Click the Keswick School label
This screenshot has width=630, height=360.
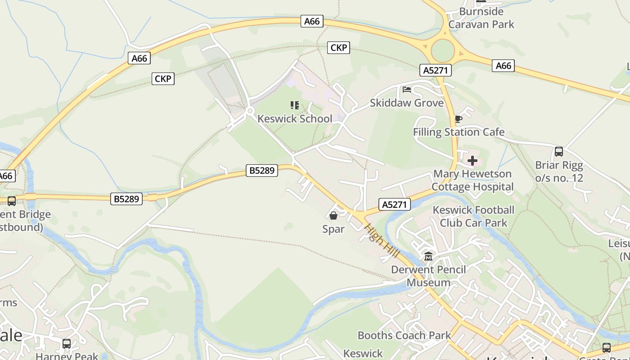tap(295, 119)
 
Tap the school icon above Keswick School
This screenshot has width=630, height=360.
tap(295, 106)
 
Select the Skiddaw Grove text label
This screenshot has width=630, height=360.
tap(407, 103)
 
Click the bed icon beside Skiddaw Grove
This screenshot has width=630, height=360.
tap(407, 90)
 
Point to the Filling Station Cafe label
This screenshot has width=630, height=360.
tap(459, 132)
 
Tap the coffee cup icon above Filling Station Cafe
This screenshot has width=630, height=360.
tap(458, 119)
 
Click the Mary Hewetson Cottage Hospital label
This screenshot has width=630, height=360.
tap(472, 180)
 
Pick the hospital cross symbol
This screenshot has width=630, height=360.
tap(472, 161)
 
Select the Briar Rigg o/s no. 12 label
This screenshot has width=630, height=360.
tap(559, 171)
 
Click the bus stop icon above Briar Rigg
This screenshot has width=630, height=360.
tap(559, 152)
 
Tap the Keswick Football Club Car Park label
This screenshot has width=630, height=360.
tap(473, 216)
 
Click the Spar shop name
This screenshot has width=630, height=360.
tap(333, 229)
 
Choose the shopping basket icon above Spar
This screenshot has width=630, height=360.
tap(333, 216)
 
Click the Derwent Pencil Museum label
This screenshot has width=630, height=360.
tap(428, 276)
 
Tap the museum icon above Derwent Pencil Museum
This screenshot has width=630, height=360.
tap(428, 256)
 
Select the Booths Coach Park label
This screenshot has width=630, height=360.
tap(404, 335)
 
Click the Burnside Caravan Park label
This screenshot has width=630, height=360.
tap(481, 18)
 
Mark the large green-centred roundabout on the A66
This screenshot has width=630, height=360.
tap(443, 51)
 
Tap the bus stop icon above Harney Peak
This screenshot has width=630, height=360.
tap(67, 344)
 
